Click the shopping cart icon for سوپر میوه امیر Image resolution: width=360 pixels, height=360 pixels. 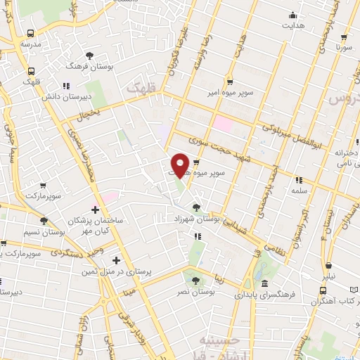click(x=230, y=81)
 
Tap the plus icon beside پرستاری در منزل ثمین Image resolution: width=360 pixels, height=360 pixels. click(x=116, y=261)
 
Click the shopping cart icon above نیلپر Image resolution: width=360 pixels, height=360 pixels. click(x=330, y=266)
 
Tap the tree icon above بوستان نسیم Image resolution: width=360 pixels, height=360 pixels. click(x=44, y=221)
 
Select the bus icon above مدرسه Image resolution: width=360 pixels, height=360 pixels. click(x=30, y=33)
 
